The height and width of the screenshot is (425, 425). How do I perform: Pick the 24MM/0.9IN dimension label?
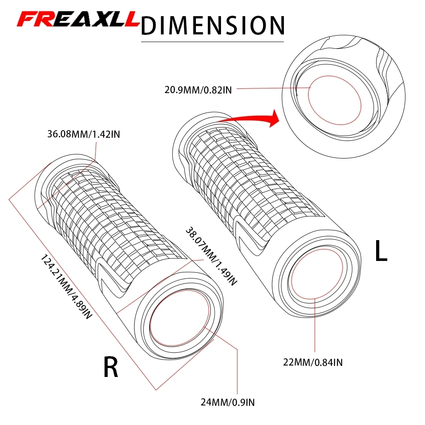(229, 401)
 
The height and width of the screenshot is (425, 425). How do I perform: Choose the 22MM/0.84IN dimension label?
(313, 362)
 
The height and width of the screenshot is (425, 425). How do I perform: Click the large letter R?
(110, 367)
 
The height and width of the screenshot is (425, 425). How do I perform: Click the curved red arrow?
(246, 121)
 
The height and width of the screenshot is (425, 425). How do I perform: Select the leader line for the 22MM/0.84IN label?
(315, 327)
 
